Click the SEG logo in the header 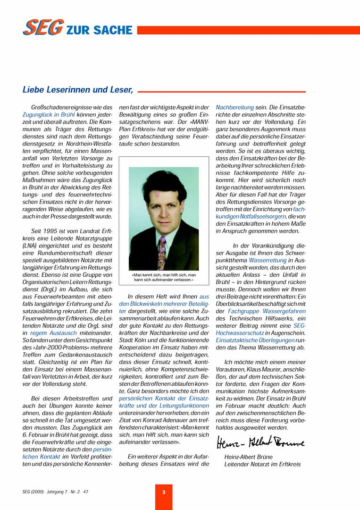(43, 28)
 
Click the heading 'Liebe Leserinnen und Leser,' (78, 89)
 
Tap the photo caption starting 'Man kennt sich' (163, 277)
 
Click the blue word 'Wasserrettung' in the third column (268, 260)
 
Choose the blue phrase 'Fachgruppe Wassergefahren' (267, 311)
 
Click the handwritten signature (260, 443)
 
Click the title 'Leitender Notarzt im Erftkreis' (262, 464)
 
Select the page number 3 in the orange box (164, 492)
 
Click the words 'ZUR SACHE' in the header (99, 30)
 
